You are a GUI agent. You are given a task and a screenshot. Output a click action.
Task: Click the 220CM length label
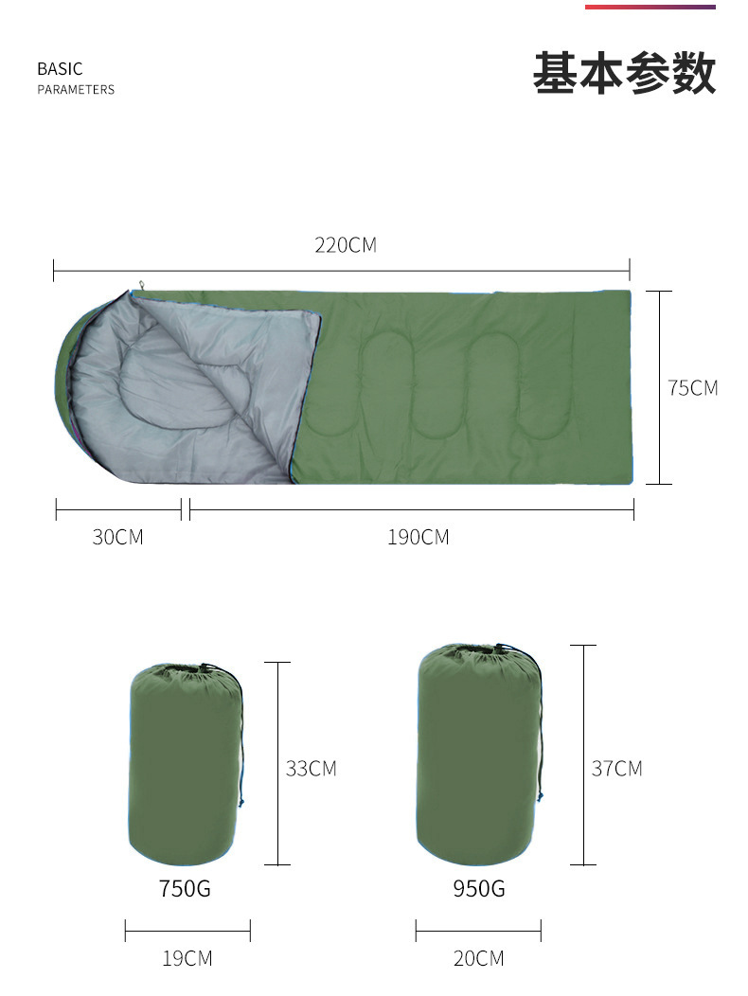click(346, 245)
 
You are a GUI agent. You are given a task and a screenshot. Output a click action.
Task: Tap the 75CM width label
click(693, 387)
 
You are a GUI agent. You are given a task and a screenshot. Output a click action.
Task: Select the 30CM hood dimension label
click(118, 537)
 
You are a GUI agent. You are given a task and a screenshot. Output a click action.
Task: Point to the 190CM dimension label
click(419, 538)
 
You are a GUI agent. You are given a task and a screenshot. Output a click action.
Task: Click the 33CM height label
click(311, 769)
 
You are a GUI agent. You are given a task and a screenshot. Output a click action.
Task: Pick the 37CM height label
click(617, 769)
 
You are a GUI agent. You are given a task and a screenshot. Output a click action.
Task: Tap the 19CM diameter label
click(187, 958)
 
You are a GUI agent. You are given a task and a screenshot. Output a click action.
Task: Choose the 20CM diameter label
click(479, 958)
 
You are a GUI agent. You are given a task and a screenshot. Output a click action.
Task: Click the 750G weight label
click(185, 888)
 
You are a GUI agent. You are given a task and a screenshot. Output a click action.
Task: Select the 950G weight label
click(479, 888)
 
